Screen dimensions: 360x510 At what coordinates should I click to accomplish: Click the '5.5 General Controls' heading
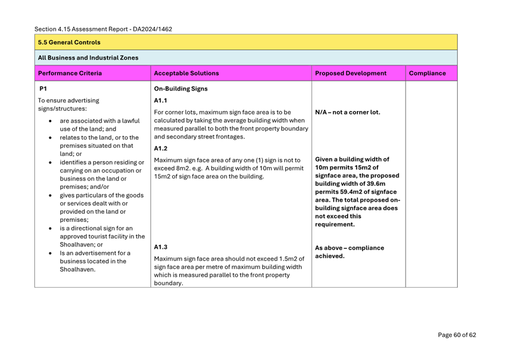(69, 42)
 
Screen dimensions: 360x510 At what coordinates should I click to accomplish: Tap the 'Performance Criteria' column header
(70, 73)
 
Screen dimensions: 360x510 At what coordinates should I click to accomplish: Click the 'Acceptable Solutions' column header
(186, 73)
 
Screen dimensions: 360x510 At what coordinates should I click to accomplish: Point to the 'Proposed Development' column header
(351, 73)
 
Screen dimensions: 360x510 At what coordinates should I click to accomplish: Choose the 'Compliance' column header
(427, 73)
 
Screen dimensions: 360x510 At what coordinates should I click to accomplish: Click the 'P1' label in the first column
(43, 89)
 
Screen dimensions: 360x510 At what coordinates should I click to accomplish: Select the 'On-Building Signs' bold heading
(181, 89)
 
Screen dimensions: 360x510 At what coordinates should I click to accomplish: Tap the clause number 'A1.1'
(162, 100)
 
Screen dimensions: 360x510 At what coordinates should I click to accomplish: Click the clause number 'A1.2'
(162, 148)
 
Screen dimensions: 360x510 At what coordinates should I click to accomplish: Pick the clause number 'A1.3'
(162, 248)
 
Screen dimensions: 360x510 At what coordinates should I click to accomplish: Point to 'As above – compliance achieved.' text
(349, 252)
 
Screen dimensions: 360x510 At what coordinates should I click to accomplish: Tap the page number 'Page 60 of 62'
(457, 335)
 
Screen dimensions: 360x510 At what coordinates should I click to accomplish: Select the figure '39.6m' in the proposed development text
(373, 183)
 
